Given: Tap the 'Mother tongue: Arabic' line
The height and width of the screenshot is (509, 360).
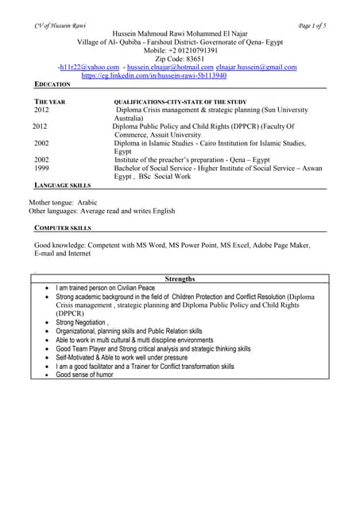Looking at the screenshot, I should point(63,203).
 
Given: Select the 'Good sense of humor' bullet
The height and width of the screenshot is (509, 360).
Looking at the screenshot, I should point(84,375).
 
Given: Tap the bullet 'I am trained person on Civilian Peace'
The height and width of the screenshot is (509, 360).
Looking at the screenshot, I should point(105,288).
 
